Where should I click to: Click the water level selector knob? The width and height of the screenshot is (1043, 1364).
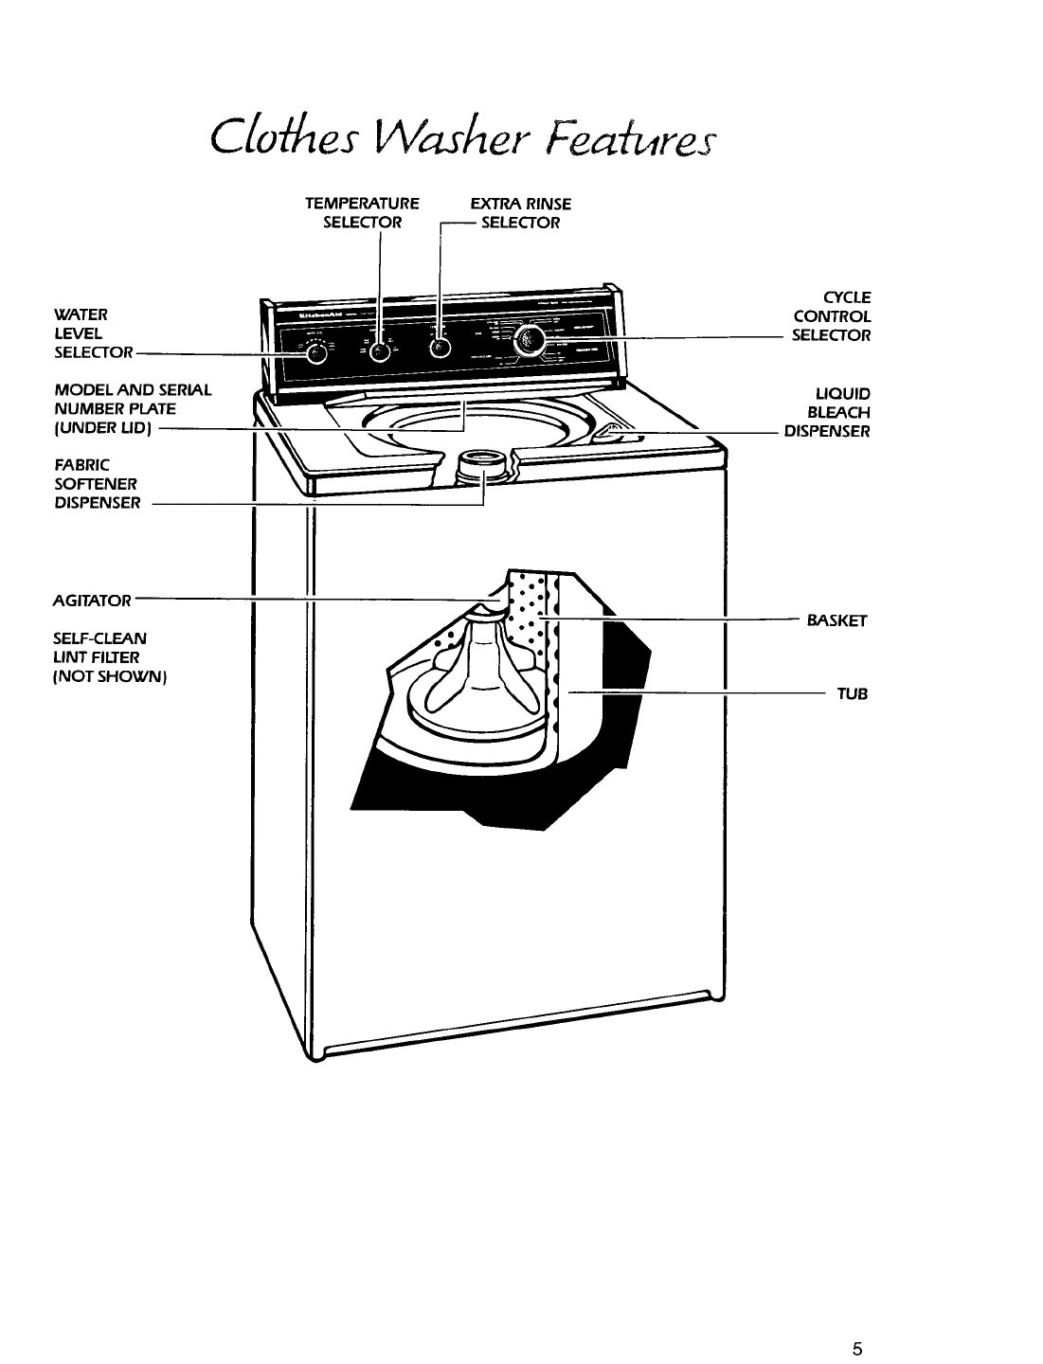point(318,352)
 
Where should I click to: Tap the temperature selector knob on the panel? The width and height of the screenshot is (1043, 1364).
point(379,350)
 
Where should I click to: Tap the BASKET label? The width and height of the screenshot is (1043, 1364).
point(837,621)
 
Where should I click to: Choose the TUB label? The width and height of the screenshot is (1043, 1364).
point(852,694)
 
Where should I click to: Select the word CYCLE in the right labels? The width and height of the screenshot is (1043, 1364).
point(849,296)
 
